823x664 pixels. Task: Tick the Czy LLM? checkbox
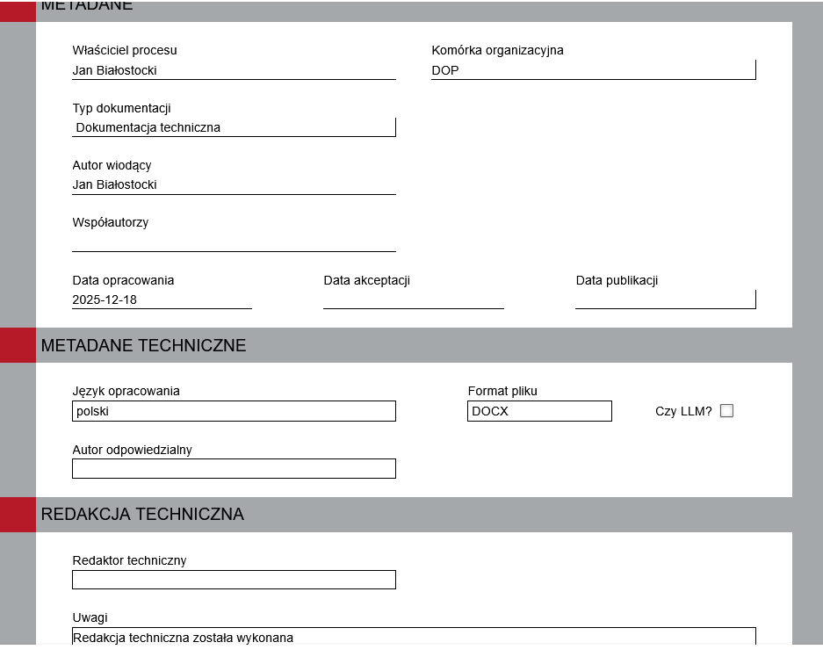tap(726, 411)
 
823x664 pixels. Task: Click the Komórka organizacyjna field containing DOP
tap(593, 70)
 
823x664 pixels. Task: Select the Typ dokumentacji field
tap(234, 127)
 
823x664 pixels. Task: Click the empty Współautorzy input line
tap(234, 242)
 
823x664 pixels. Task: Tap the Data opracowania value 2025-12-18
tap(105, 300)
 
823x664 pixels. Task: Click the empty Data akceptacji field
tap(413, 300)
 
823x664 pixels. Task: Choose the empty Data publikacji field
tap(665, 300)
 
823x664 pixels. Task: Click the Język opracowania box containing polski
tap(234, 411)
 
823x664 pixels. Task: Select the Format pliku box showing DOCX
tap(539, 411)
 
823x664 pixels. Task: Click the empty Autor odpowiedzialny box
tap(234, 468)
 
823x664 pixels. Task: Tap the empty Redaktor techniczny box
tap(234, 580)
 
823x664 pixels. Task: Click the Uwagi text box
tap(413, 637)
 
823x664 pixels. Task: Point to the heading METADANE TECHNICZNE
tap(143, 346)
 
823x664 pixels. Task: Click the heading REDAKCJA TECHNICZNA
tap(142, 515)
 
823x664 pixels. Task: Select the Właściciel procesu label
tap(125, 50)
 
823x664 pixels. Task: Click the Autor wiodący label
tap(112, 165)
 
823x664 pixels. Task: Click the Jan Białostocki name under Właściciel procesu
tap(115, 70)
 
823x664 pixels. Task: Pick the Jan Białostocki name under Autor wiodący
tap(115, 184)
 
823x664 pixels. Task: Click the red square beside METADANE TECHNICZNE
tap(18, 345)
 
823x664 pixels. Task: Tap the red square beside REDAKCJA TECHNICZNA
tap(18, 515)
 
